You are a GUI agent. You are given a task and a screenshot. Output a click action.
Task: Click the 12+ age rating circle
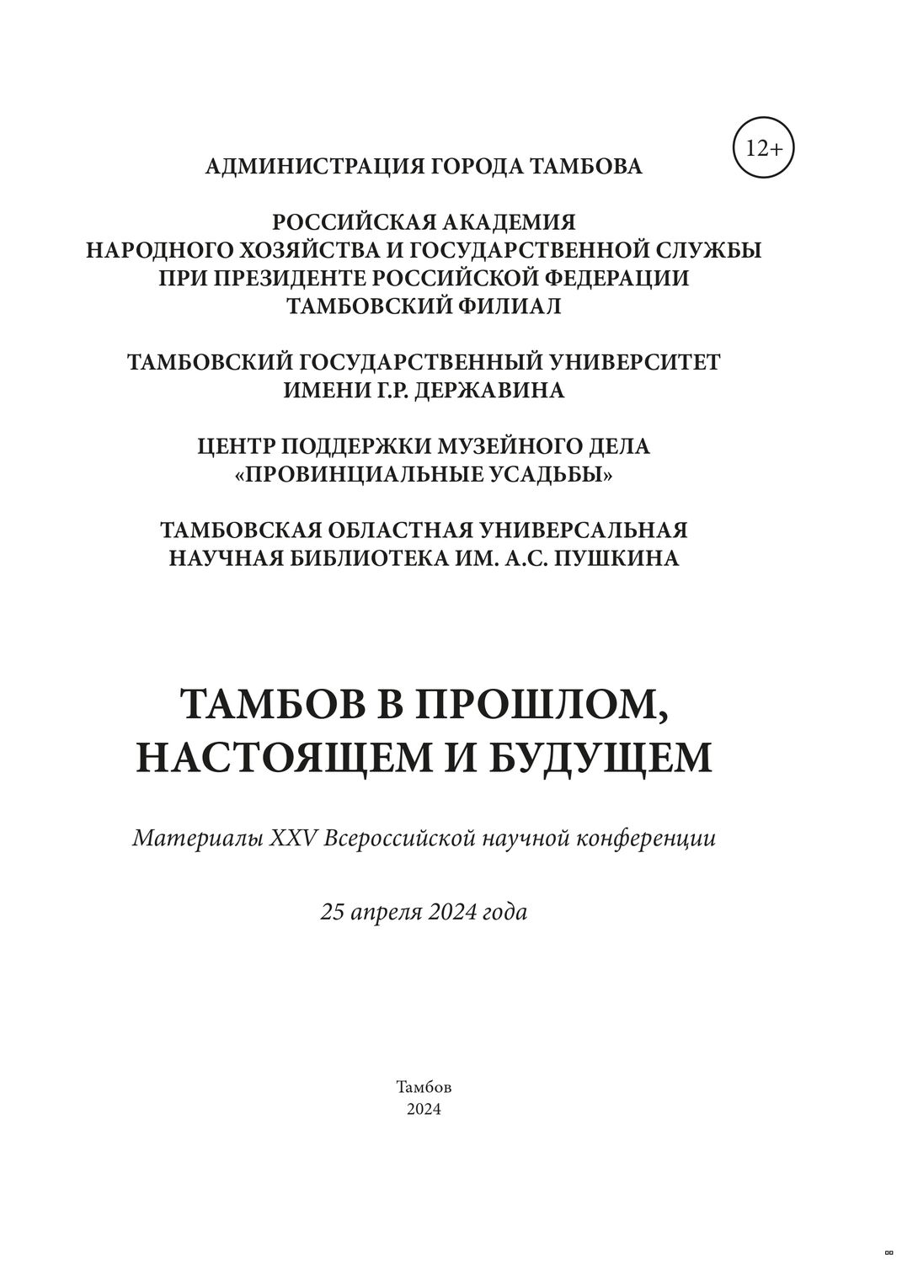[764, 149]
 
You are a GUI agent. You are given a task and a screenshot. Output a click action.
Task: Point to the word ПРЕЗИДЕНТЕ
[289, 279]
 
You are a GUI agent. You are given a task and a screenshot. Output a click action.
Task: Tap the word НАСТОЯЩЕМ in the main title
[282, 757]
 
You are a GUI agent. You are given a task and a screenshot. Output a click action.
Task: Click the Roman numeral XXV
[292, 839]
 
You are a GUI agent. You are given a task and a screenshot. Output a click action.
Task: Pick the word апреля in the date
[390, 912]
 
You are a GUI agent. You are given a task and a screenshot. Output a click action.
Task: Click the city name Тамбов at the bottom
[424, 1087]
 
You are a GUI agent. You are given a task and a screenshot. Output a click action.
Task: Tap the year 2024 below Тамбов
[424, 1110]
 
